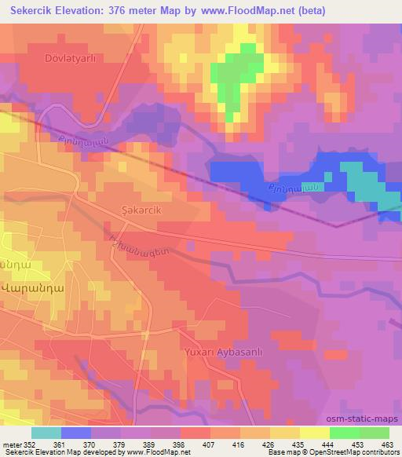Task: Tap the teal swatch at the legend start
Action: (46, 433)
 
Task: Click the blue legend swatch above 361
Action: (76, 433)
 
